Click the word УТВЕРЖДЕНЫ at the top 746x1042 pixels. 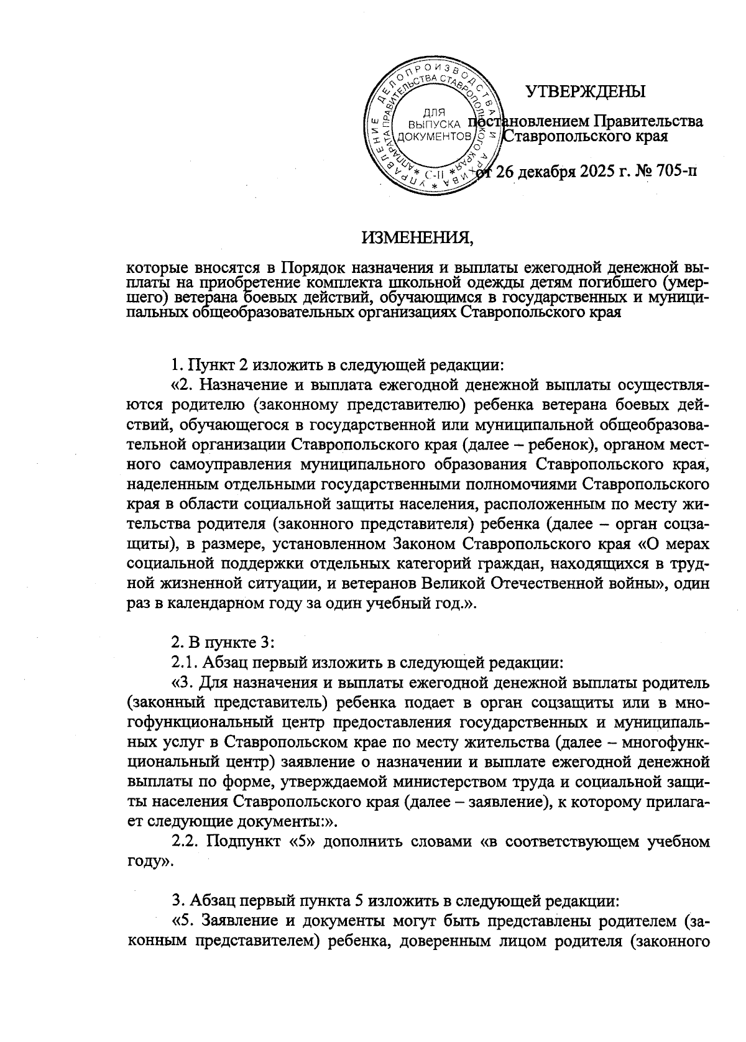(586, 92)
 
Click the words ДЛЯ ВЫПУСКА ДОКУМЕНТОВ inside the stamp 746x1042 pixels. (433, 124)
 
